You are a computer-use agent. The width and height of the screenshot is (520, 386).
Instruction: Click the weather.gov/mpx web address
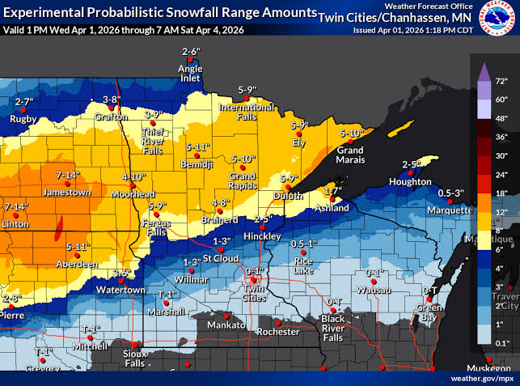(482, 377)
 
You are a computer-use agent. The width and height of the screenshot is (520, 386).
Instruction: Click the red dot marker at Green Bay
(430, 299)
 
